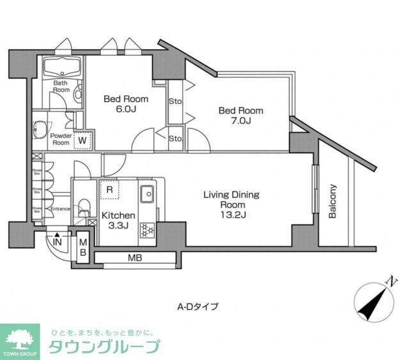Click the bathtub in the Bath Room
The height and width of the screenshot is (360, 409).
click(61, 66)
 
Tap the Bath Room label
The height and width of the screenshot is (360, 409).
click(61, 86)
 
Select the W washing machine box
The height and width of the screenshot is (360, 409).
click(82, 139)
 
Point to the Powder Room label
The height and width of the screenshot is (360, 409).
click(60, 139)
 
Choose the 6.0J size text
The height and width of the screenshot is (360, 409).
click(126, 110)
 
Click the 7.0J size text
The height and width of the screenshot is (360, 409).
click(240, 121)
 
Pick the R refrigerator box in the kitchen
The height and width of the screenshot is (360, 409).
click(109, 190)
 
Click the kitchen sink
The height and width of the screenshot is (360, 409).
click(147, 192)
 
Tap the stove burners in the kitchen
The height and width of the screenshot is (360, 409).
click(146, 229)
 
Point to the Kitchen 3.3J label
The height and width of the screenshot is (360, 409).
click(118, 220)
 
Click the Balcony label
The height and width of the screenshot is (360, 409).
click(332, 202)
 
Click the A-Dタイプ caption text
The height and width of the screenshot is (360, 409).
click(198, 306)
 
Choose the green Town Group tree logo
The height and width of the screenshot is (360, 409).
click(22, 340)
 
